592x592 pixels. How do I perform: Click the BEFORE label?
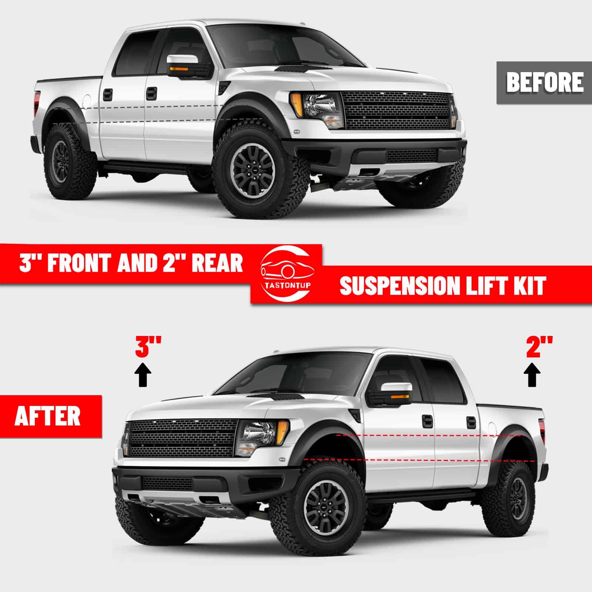point(544,82)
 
